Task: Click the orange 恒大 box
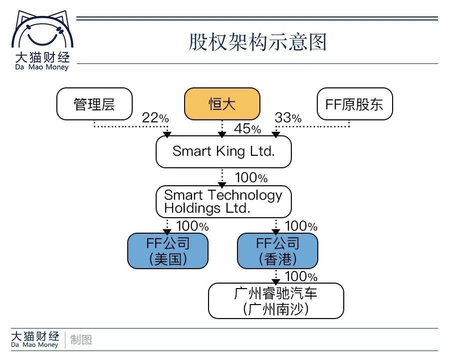click(222, 104)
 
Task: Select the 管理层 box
click(94, 104)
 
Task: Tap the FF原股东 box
click(355, 104)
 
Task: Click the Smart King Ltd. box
click(224, 151)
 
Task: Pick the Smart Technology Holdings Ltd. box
click(224, 202)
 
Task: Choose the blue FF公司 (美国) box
click(168, 251)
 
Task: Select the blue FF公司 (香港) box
click(277, 251)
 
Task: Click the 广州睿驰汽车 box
click(276, 301)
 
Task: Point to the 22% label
click(155, 118)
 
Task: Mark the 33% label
click(288, 118)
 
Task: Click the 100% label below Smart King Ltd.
click(251, 178)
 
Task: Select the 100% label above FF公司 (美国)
click(192, 226)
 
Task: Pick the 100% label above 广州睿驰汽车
click(301, 276)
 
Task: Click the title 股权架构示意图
click(257, 42)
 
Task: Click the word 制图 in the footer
click(81, 340)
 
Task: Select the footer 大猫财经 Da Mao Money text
click(35, 339)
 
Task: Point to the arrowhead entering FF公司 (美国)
click(168, 231)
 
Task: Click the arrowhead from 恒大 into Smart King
click(222, 134)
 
